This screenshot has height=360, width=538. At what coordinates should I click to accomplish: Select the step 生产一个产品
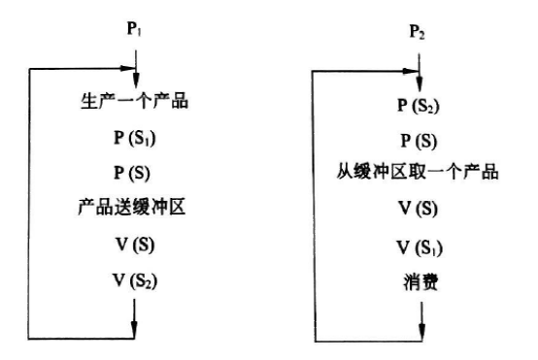pos(136,101)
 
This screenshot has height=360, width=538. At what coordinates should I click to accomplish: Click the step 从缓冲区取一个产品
pos(419,176)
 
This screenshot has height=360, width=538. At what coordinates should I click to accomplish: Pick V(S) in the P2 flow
pos(419,211)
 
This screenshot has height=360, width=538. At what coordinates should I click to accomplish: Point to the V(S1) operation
pos(419,247)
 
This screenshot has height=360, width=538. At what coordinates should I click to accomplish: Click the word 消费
pos(419,284)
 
